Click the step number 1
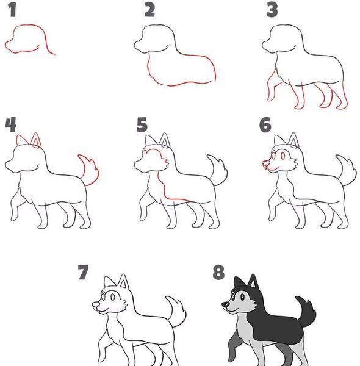click(x=12, y=10)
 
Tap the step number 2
click(x=149, y=10)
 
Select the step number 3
click(x=272, y=10)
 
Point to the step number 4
click(x=11, y=124)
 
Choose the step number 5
click(x=142, y=124)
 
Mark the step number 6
click(x=265, y=124)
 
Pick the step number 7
click(x=84, y=272)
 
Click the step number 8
click(x=218, y=272)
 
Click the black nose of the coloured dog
click(x=226, y=304)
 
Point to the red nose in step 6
click(x=265, y=163)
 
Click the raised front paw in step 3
click(x=271, y=97)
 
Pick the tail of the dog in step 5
click(x=218, y=170)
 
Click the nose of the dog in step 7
click(x=95, y=304)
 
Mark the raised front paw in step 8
click(x=231, y=356)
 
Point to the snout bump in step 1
click(x=9, y=46)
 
